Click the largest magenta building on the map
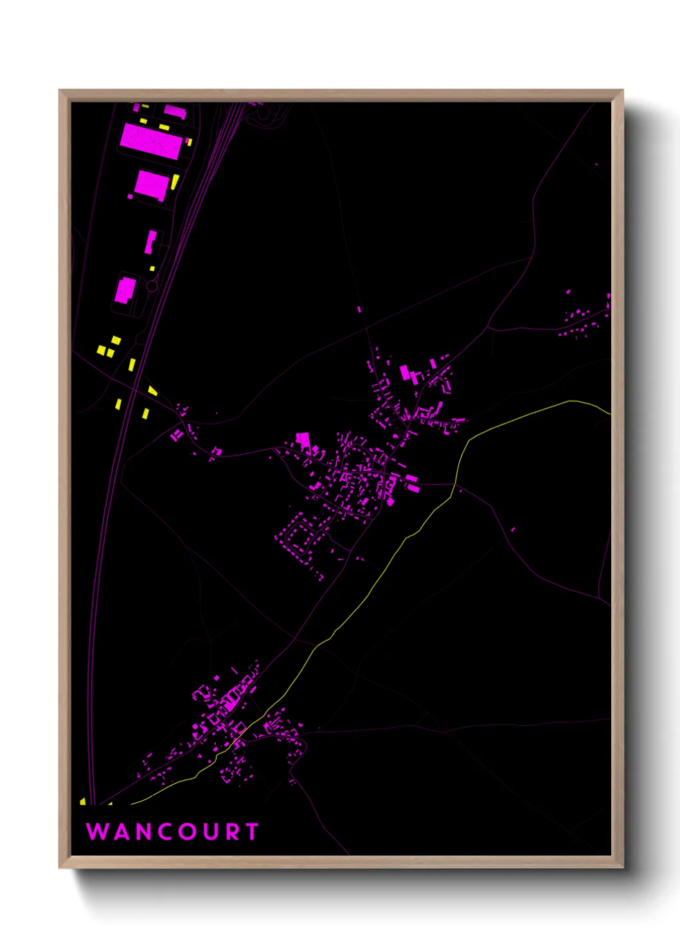pos(151,141)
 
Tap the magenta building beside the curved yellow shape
pos(152,185)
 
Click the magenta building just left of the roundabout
pos(125,290)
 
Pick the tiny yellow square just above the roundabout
pos(152,268)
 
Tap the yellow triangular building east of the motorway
pos(152,390)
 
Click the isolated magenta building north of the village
pos(359,309)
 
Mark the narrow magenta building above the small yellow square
pos(151,242)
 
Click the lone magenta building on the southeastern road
pos(513,529)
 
